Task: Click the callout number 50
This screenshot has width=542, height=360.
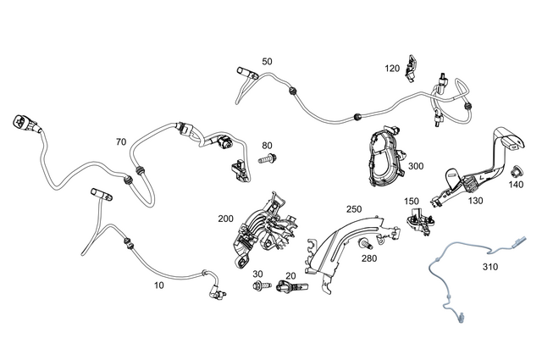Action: click(x=267, y=61)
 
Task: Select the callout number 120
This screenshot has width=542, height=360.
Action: click(x=392, y=68)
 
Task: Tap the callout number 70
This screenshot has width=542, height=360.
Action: click(x=120, y=141)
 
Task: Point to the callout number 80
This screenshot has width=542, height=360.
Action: click(x=267, y=145)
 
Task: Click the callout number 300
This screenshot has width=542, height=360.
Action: click(x=415, y=166)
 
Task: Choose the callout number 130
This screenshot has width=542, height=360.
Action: click(x=474, y=201)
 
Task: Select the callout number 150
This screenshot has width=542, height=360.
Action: click(x=412, y=201)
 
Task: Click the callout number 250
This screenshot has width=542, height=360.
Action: click(x=354, y=208)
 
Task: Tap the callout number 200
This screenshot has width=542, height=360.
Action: click(x=225, y=218)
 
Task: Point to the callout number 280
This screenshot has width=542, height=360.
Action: click(x=368, y=258)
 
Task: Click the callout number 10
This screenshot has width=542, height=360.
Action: click(x=158, y=285)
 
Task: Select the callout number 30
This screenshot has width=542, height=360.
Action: click(x=259, y=274)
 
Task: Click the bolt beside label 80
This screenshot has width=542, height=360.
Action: click(x=265, y=158)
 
